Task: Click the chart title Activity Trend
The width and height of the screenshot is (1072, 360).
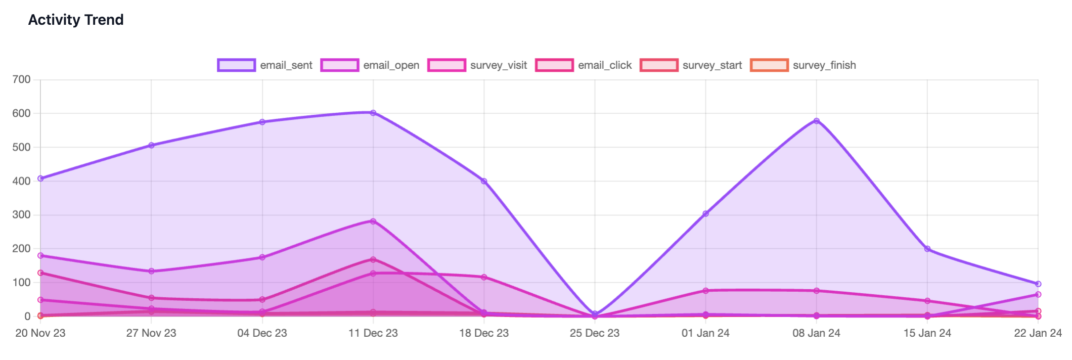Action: point(76,20)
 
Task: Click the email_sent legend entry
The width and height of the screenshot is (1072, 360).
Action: point(265,65)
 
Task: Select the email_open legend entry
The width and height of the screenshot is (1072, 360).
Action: point(370,65)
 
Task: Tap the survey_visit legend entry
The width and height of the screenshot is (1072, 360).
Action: point(477,65)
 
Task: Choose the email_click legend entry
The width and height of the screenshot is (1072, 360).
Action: point(584,65)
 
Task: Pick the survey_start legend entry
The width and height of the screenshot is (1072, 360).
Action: point(691,65)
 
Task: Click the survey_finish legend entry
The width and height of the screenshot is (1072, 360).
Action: point(803,65)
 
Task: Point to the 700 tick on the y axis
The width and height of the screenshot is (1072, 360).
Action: point(21,79)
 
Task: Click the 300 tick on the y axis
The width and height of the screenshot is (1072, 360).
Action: point(21,215)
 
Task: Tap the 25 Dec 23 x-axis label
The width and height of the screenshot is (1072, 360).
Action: point(595,333)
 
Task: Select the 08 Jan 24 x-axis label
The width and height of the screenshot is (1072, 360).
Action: point(816,333)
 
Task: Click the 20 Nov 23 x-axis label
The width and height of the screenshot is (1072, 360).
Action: point(40,333)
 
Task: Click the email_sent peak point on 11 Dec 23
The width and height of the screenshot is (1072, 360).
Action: point(373,113)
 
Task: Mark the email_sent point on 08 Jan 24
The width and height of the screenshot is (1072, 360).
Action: point(817,121)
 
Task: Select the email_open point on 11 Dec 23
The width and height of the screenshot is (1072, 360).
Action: point(373,221)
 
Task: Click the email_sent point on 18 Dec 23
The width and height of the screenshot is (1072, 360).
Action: point(484,181)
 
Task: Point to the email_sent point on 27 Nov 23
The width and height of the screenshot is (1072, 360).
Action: point(151,145)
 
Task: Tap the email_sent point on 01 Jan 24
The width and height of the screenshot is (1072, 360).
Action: point(705,214)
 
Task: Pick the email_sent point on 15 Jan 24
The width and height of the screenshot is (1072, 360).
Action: point(927,249)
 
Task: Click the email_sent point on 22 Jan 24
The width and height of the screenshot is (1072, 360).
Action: point(1038,284)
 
